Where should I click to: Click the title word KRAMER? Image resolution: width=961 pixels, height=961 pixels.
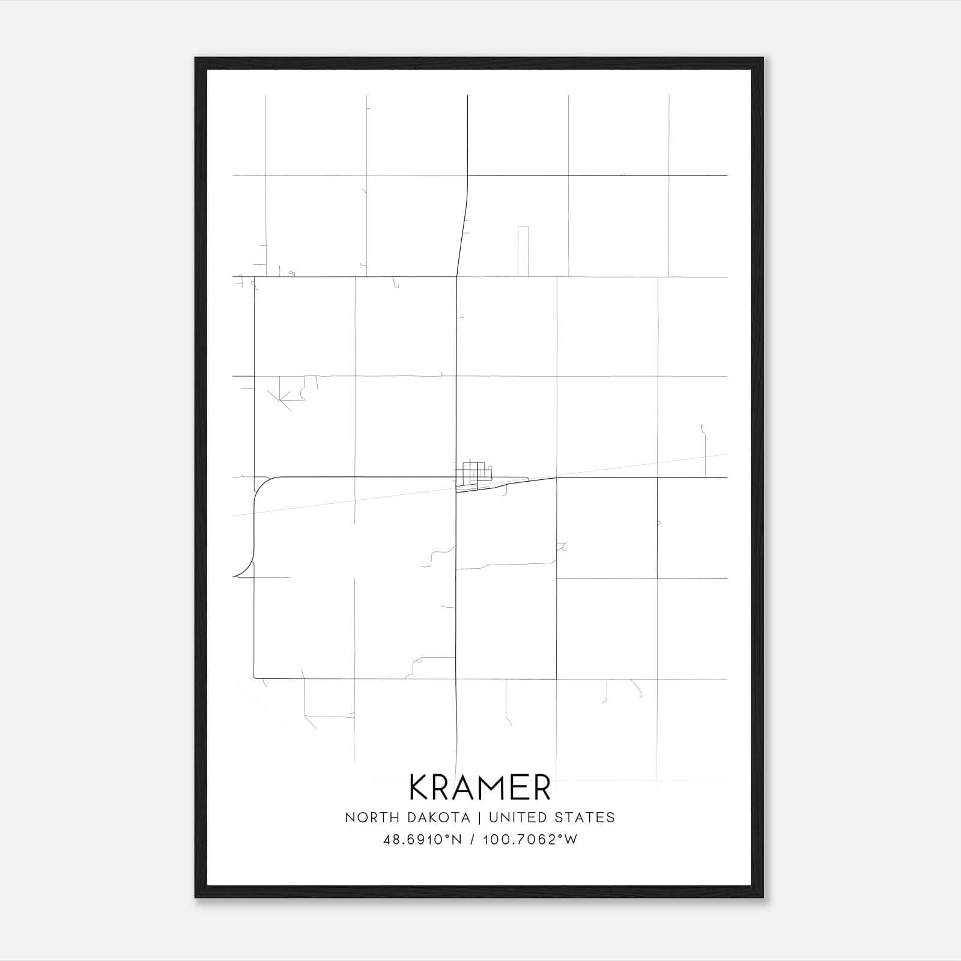480,787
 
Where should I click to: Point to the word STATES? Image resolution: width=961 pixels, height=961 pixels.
584,817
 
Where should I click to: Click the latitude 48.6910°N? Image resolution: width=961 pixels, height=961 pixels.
422,840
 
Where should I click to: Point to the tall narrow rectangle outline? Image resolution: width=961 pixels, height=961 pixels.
523,251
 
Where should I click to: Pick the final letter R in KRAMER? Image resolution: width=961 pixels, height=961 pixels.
541,787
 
